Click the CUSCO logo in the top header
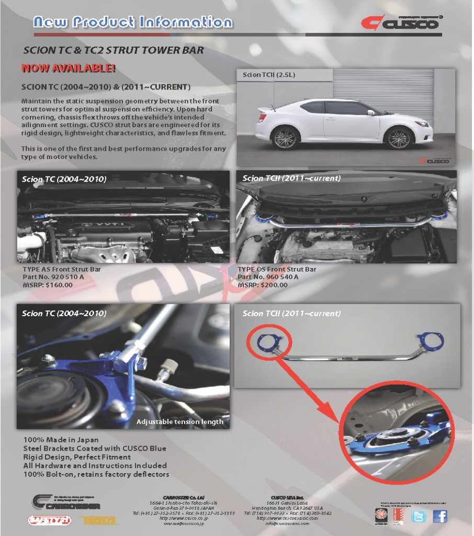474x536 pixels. pyautogui.click(x=400, y=24)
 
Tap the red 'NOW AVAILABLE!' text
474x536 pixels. pyautogui.click(x=68, y=68)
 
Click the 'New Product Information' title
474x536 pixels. pyautogui.click(x=132, y=22)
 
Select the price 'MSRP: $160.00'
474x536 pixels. pyautogui.click(x=48, y=285)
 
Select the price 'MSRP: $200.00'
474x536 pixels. pyautogui.click(x=263, y=285)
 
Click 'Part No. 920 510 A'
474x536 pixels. pyautogui.click(x=54, y=277)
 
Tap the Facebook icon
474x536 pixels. pyautogui.click(x=440, y=516)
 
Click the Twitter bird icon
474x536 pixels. pyautogui.click(x=419, y=516)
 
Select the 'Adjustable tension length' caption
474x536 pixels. pyautogui.click(x=179, y=421)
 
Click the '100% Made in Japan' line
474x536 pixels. pyautogui.click(x=61, y=440)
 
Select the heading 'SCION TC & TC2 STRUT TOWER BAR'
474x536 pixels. pyautogui.click(x=114, y=51)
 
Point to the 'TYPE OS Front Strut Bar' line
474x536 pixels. pyautogui.click(x=277, y=270)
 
